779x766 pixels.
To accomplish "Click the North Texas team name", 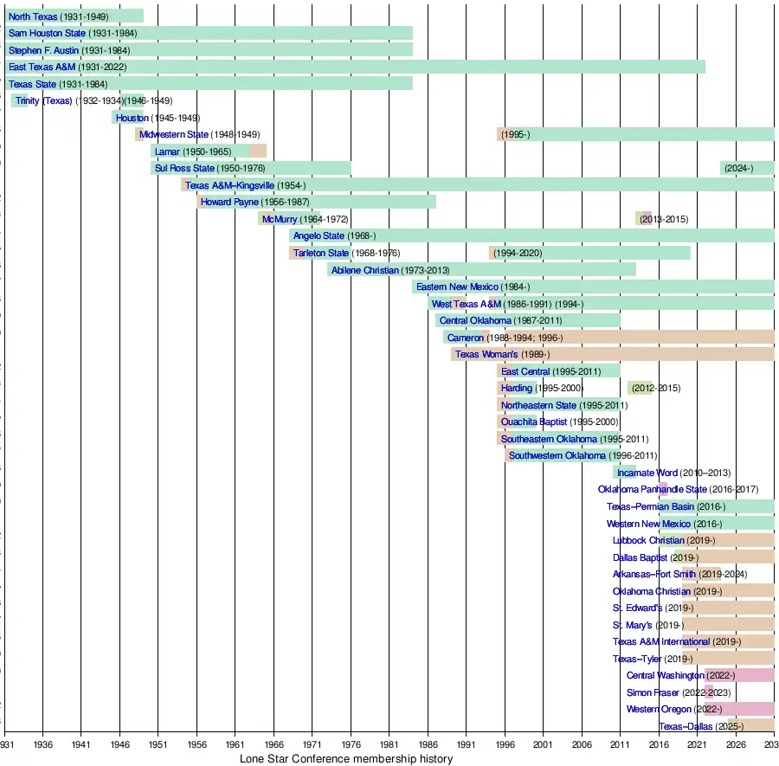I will click(33, 16).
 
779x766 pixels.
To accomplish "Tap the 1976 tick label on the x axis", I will click(351, 743).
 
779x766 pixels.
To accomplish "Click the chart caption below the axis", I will click(345, 759).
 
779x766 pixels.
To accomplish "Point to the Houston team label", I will click(132, 118).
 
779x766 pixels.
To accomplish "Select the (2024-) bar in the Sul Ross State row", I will click(746, 168).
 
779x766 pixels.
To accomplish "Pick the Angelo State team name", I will click(319, 235).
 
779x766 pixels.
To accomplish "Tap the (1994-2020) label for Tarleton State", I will click(518, 253).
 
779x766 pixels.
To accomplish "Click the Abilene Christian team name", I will click(366, 270).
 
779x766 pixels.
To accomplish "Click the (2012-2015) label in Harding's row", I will click(655, 388).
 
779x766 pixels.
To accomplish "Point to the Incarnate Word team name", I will click(647, 473).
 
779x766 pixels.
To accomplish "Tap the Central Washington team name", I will click(665, 675).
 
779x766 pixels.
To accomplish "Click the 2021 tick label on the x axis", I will click(697, 743).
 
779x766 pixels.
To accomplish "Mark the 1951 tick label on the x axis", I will click(158, 743).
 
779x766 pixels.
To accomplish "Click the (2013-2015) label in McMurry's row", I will click(664, 219).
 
